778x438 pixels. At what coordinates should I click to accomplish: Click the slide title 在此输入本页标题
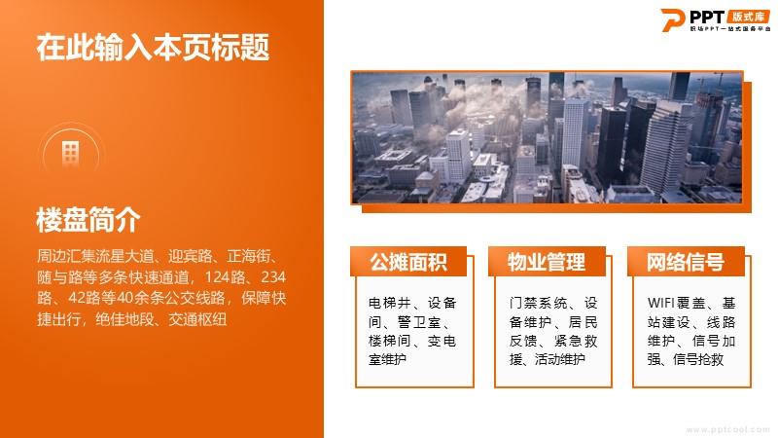(153, 47)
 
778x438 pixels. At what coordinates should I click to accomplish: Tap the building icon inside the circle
(70, 152)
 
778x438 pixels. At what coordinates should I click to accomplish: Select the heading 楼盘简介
(88, 220)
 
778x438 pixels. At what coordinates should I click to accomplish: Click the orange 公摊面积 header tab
(408, 262)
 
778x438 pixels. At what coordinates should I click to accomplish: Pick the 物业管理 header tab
(547, 262)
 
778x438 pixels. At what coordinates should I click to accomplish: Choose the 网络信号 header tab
(686, 262)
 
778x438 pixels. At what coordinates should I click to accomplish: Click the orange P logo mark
(673, 19)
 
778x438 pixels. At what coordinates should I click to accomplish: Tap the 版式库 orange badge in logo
(748, 17)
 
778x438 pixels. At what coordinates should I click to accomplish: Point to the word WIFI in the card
(660, 303)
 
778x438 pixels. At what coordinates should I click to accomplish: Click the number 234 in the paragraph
(273, 276)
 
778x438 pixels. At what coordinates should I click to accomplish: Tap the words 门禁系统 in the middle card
(539, 303)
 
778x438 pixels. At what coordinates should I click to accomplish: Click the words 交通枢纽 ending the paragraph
(197, 319)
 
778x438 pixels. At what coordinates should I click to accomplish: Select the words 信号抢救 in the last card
(698, 359)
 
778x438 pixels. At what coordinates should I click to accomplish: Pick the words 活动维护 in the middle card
(560, 359)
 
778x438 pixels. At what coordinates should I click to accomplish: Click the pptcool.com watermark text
(727, 429)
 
